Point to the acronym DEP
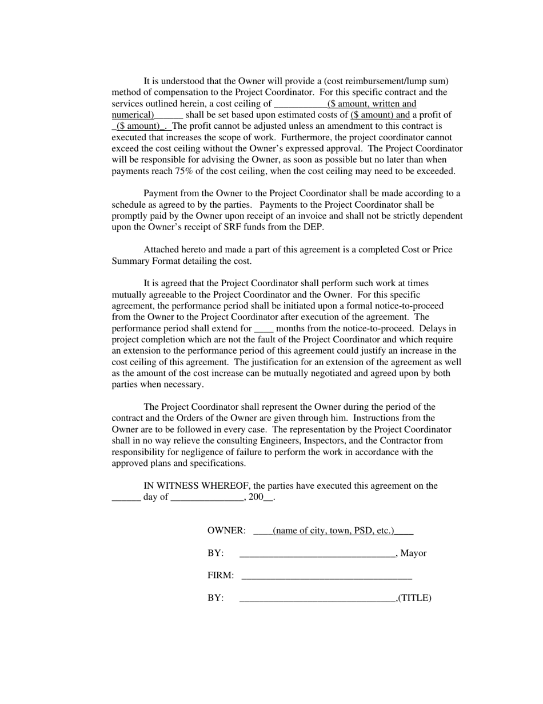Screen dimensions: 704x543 tap(314, 227)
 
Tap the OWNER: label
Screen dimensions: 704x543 tap(226, 531)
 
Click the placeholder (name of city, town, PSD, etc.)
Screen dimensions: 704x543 tap(333, 531)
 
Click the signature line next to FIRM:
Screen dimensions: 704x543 tap(326, 576)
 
